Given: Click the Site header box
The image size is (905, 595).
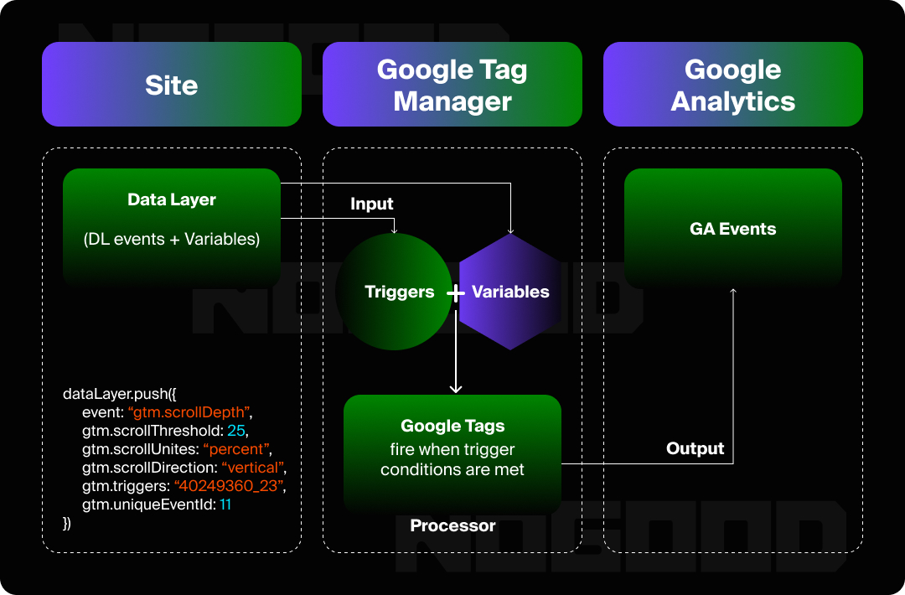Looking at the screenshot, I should tap(172, 85).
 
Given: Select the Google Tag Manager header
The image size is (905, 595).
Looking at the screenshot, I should tap(452, 85).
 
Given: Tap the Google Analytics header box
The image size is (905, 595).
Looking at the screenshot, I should tap(733, 85).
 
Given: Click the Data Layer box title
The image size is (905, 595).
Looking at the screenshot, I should tap(172, 200).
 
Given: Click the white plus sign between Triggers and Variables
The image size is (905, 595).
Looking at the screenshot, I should tap(455, 293).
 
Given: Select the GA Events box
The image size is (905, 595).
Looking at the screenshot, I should tap(733, 229).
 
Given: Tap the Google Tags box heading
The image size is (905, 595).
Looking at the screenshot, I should tap(452, 427).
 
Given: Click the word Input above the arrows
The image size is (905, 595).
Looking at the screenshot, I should tap(372, 204).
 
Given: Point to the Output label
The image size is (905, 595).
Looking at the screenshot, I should tap(695, 448).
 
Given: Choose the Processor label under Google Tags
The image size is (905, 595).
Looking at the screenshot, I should tap(452, 526).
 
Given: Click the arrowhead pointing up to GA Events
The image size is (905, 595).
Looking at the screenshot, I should tap(733, 291).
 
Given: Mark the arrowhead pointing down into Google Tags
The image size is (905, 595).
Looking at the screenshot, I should tap(456, 388).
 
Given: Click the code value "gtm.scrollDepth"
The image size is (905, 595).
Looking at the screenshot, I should tap(189, 412).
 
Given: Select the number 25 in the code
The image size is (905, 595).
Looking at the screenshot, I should tap(235, 431).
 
